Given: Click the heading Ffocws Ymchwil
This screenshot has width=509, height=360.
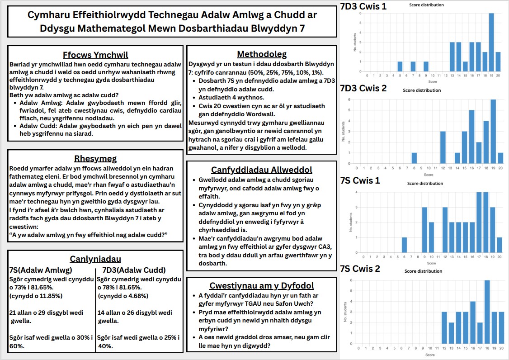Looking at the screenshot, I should coord(96,55).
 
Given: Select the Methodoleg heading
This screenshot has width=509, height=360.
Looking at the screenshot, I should coord(262,54).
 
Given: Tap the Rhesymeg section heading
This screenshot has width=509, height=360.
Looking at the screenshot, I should coord(96,158).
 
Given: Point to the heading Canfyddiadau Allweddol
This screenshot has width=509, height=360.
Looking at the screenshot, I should coord(262,170).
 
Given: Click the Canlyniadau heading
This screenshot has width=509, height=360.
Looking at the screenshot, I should coord(95,259).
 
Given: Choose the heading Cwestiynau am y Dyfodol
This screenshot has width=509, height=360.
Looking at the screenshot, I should coord(262,286).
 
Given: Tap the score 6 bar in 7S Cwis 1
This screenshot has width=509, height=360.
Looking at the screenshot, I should coord(404,245).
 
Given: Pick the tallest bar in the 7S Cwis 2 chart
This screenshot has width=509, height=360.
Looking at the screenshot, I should coord(487,312).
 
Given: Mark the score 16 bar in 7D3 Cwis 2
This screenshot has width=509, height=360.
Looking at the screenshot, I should coord(471,137).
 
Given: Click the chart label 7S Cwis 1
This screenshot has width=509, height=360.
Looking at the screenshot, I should coord(360,180).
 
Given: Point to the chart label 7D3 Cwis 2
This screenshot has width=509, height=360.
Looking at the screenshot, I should coord(363,88).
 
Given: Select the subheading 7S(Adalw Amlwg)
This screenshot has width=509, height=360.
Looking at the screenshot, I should coord(41,270).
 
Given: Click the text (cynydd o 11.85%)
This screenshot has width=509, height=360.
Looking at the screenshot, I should coord(36,296).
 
